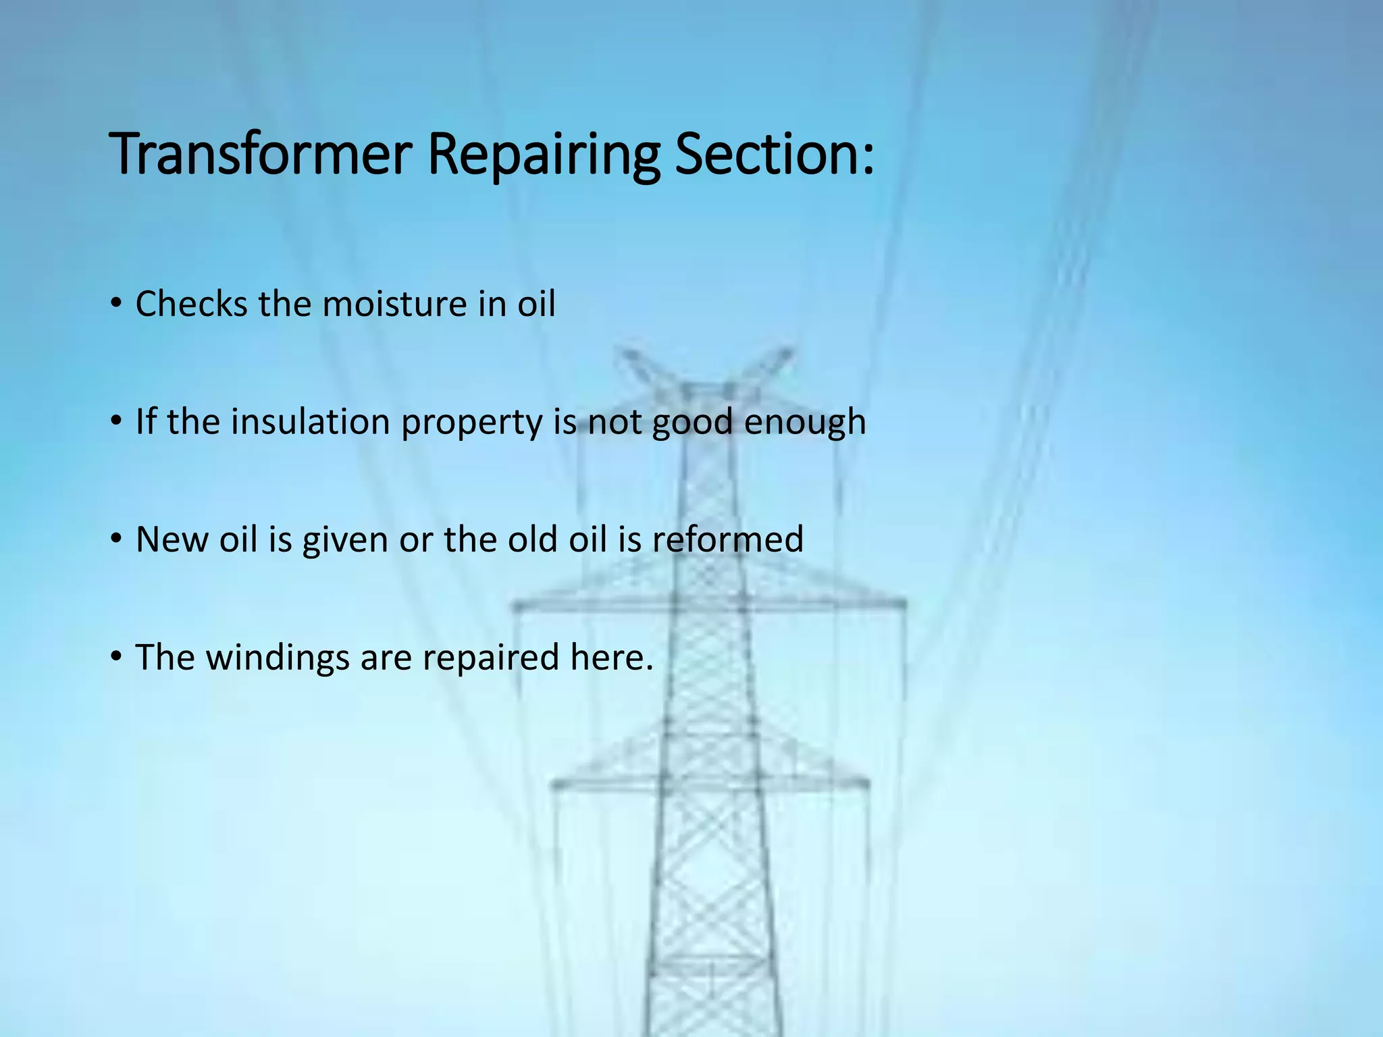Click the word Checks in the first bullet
tap(191, 304)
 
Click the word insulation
tap(311, 422)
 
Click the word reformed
tap(727, 539)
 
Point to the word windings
tap(277, 658)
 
